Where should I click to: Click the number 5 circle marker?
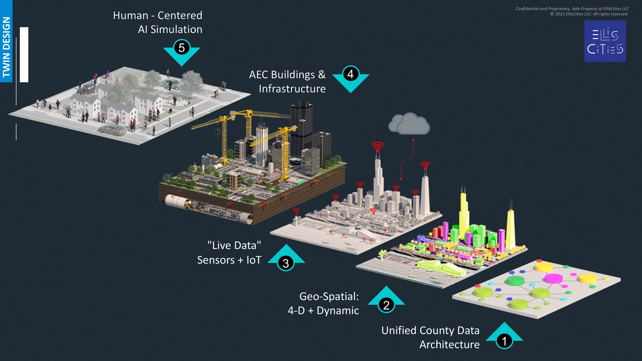(182, 47)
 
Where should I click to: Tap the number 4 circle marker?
(351, 74)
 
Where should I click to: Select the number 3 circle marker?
(286, 263)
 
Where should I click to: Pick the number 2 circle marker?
(386, 305)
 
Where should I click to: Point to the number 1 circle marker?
(504, 341)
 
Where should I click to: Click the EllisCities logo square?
(605, 41)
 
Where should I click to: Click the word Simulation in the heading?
(176, 30)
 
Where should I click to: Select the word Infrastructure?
(292, 89)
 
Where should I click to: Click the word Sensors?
(216, 260)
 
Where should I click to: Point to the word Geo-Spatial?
(329, 297)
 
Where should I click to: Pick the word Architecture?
(449, 345)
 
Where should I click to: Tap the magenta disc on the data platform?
(554, 278)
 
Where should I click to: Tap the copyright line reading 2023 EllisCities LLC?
(589, 14)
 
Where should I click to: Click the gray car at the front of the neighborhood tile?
(113, 130)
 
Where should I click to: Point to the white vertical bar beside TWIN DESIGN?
(24, 55)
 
